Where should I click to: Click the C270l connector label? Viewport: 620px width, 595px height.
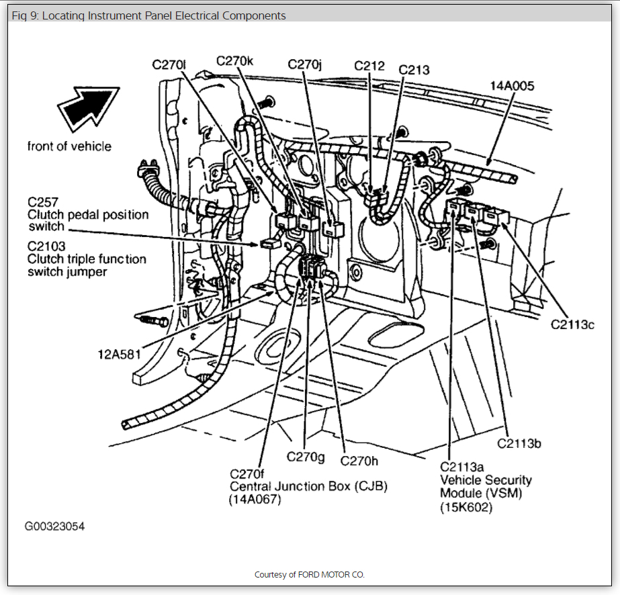(169, 64)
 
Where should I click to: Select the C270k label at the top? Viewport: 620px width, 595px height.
(234, 60)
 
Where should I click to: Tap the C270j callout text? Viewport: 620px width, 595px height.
(305, 64)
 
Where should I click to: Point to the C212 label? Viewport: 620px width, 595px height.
(369, 65)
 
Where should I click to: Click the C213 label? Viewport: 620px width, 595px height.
(414, 69)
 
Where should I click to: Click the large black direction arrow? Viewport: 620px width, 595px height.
(87, 108)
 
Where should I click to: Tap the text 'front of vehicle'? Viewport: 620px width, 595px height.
(70, 146)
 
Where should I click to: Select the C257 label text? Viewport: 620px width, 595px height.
(42, 202)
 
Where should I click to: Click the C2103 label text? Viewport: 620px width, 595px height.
(46, 247)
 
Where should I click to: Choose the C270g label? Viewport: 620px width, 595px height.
(306, 457)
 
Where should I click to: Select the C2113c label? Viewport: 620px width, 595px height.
(573, 324)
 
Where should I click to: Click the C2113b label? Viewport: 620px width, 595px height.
(519, 443)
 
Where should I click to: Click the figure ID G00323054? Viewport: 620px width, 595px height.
(55, 527)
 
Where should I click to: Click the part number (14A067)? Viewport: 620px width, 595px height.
(255, 499)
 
